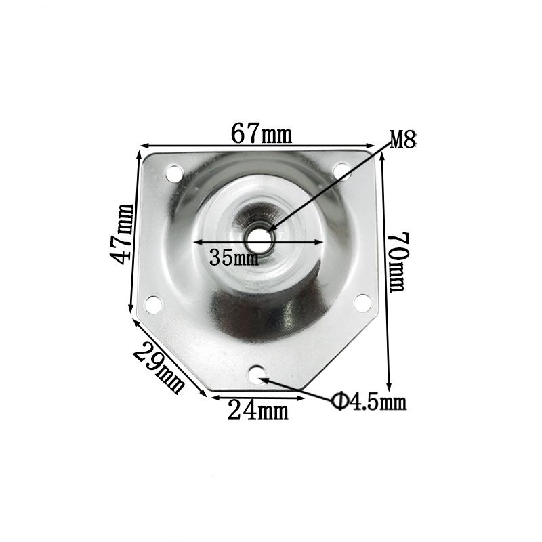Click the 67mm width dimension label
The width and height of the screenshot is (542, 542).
(x=262, y=134)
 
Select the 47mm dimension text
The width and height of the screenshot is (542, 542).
(x=124, y=234)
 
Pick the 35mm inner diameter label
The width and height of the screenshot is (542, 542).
(x=234, y=257)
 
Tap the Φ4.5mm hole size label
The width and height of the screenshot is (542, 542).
(x=369, y=402)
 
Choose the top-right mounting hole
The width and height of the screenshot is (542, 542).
(x=341, y=171)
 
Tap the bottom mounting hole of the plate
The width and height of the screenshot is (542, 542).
(x=259, y=372)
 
